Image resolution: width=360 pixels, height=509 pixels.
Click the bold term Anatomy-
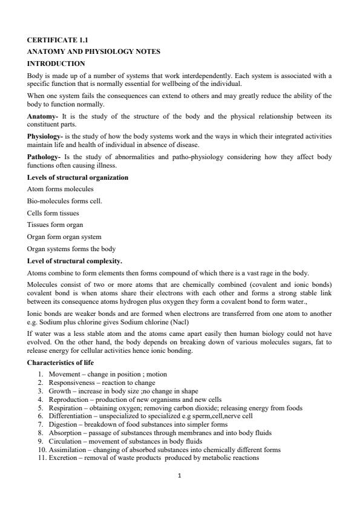click(43, 115)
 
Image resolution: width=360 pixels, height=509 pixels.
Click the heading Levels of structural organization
click(77, 177)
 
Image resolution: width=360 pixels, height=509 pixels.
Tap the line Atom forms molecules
click(60, 189)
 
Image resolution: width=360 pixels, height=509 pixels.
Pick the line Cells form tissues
click(53, 212)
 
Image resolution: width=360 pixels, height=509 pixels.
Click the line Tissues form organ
click(55, 225)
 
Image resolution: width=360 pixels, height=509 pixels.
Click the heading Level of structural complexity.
click(74, 261)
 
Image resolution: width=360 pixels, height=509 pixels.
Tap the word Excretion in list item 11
click(63, 458)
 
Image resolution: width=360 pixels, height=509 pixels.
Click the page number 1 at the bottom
click(180, 476)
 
